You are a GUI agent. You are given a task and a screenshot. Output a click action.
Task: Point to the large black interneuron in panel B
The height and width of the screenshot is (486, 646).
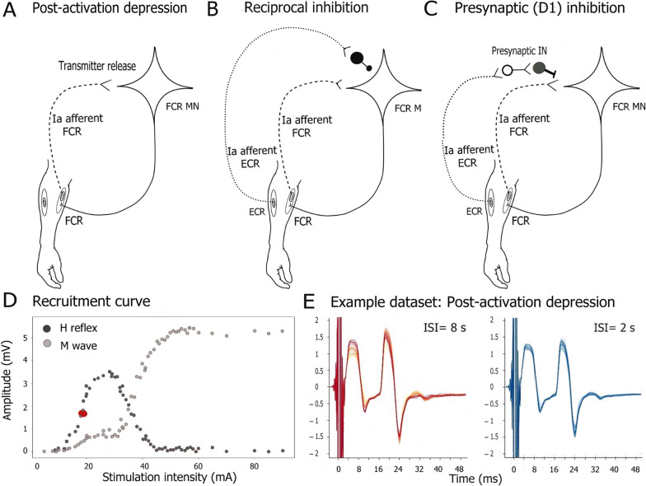(x=358, y=58)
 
